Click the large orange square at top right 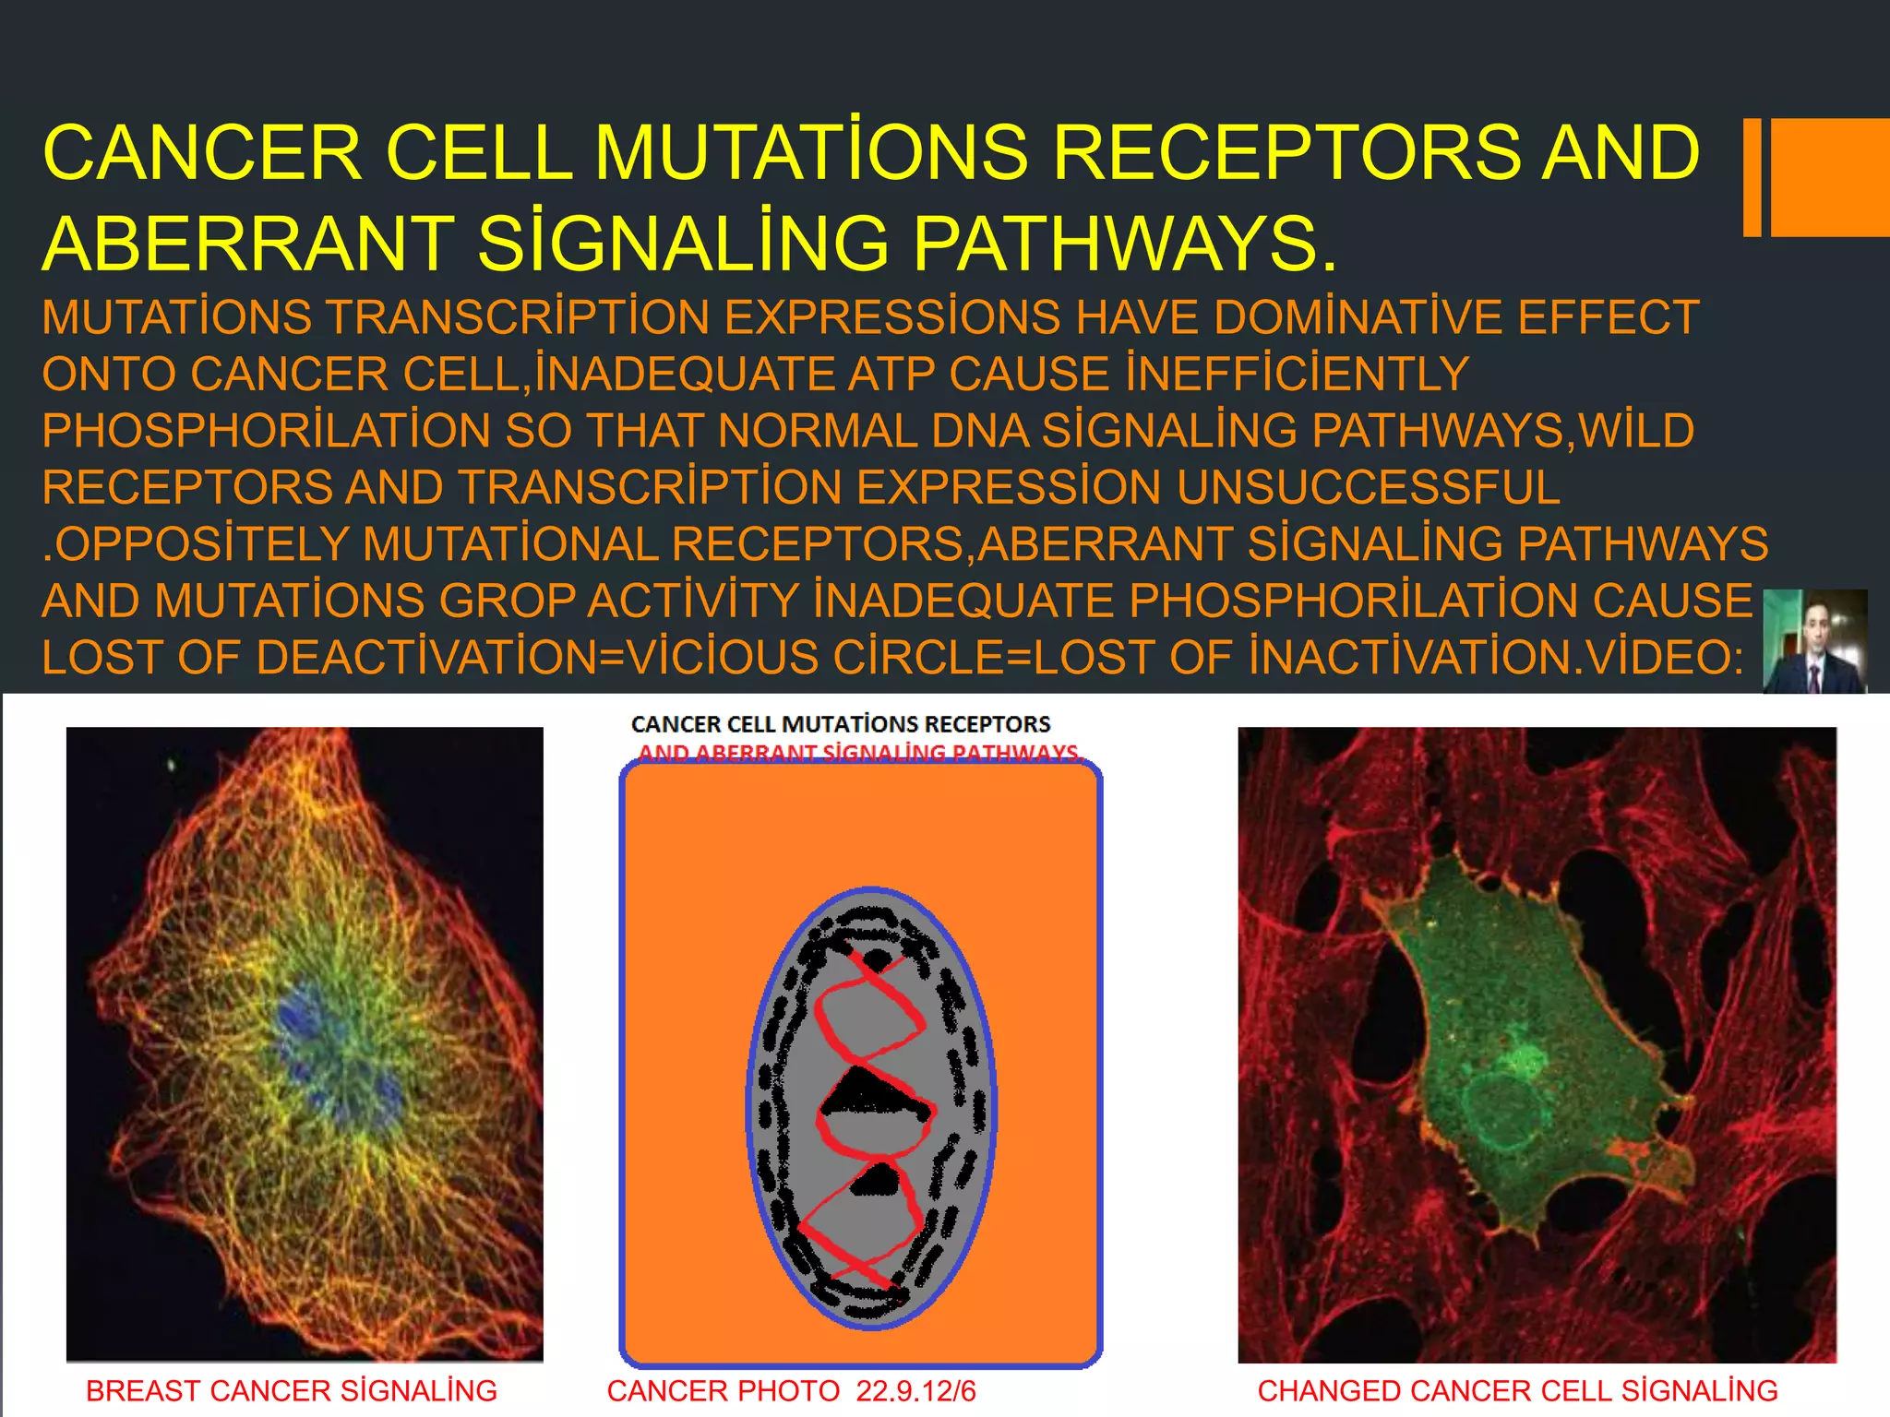(1830, 177)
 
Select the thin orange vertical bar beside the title (1752, 177)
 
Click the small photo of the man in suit (1814, 642)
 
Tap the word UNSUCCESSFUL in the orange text (1369, 488)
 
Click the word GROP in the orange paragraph (508, 601)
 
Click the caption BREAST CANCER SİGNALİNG (291, 1390)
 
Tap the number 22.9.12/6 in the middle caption (915, 1390)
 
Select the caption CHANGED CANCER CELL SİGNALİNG (1517, 1390)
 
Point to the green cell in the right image (1513, 996)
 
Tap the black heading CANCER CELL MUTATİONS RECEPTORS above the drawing (841, 724)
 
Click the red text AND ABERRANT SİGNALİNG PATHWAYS (859, 753)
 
